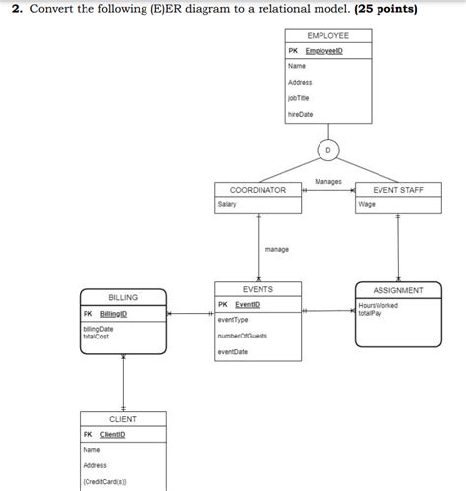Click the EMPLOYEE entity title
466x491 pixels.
click(x=327, y=35)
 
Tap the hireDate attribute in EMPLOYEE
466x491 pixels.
click(x=299, y=114)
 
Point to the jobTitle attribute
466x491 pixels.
click(x=299, y=98)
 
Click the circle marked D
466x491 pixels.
click(x=328, y=151)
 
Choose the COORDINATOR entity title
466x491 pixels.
click(x=258, y=189)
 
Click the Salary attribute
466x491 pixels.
click(x=227, y=204)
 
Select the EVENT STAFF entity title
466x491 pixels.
click(x=398, y=189)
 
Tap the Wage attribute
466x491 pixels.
click(x=367, y=204)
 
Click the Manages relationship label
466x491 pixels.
click(x=328, y=181)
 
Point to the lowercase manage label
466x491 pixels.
click(x=277, y=249)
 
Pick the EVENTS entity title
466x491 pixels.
click(x=258, y=289)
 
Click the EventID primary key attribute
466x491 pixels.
click(x=247, y=304)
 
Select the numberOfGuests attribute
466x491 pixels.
click(x=242, y=336)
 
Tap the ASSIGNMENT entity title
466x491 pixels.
click(x=398, y=290)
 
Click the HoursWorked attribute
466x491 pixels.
click(x=379, y=305)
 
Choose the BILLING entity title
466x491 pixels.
click(x=123, y=297)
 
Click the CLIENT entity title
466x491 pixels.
click(x=123, y=419)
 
